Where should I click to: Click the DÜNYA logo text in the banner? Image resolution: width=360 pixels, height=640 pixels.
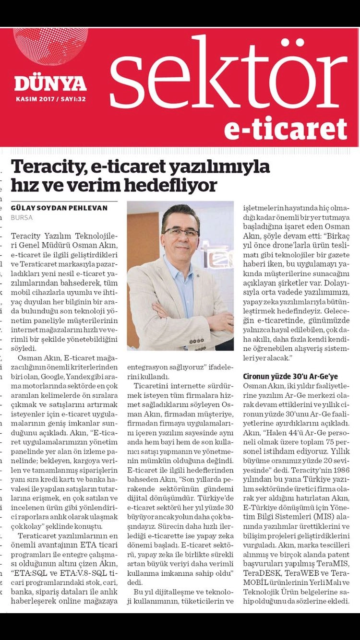tap(50, 83)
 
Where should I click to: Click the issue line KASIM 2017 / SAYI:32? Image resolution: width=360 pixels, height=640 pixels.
tap(50, 100)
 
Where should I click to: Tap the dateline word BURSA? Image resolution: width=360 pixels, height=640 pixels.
tap(21, 217)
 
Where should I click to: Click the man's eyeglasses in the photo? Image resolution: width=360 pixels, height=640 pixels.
tap(181, 233)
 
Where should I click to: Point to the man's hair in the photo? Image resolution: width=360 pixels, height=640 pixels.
tap(181, 213)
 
